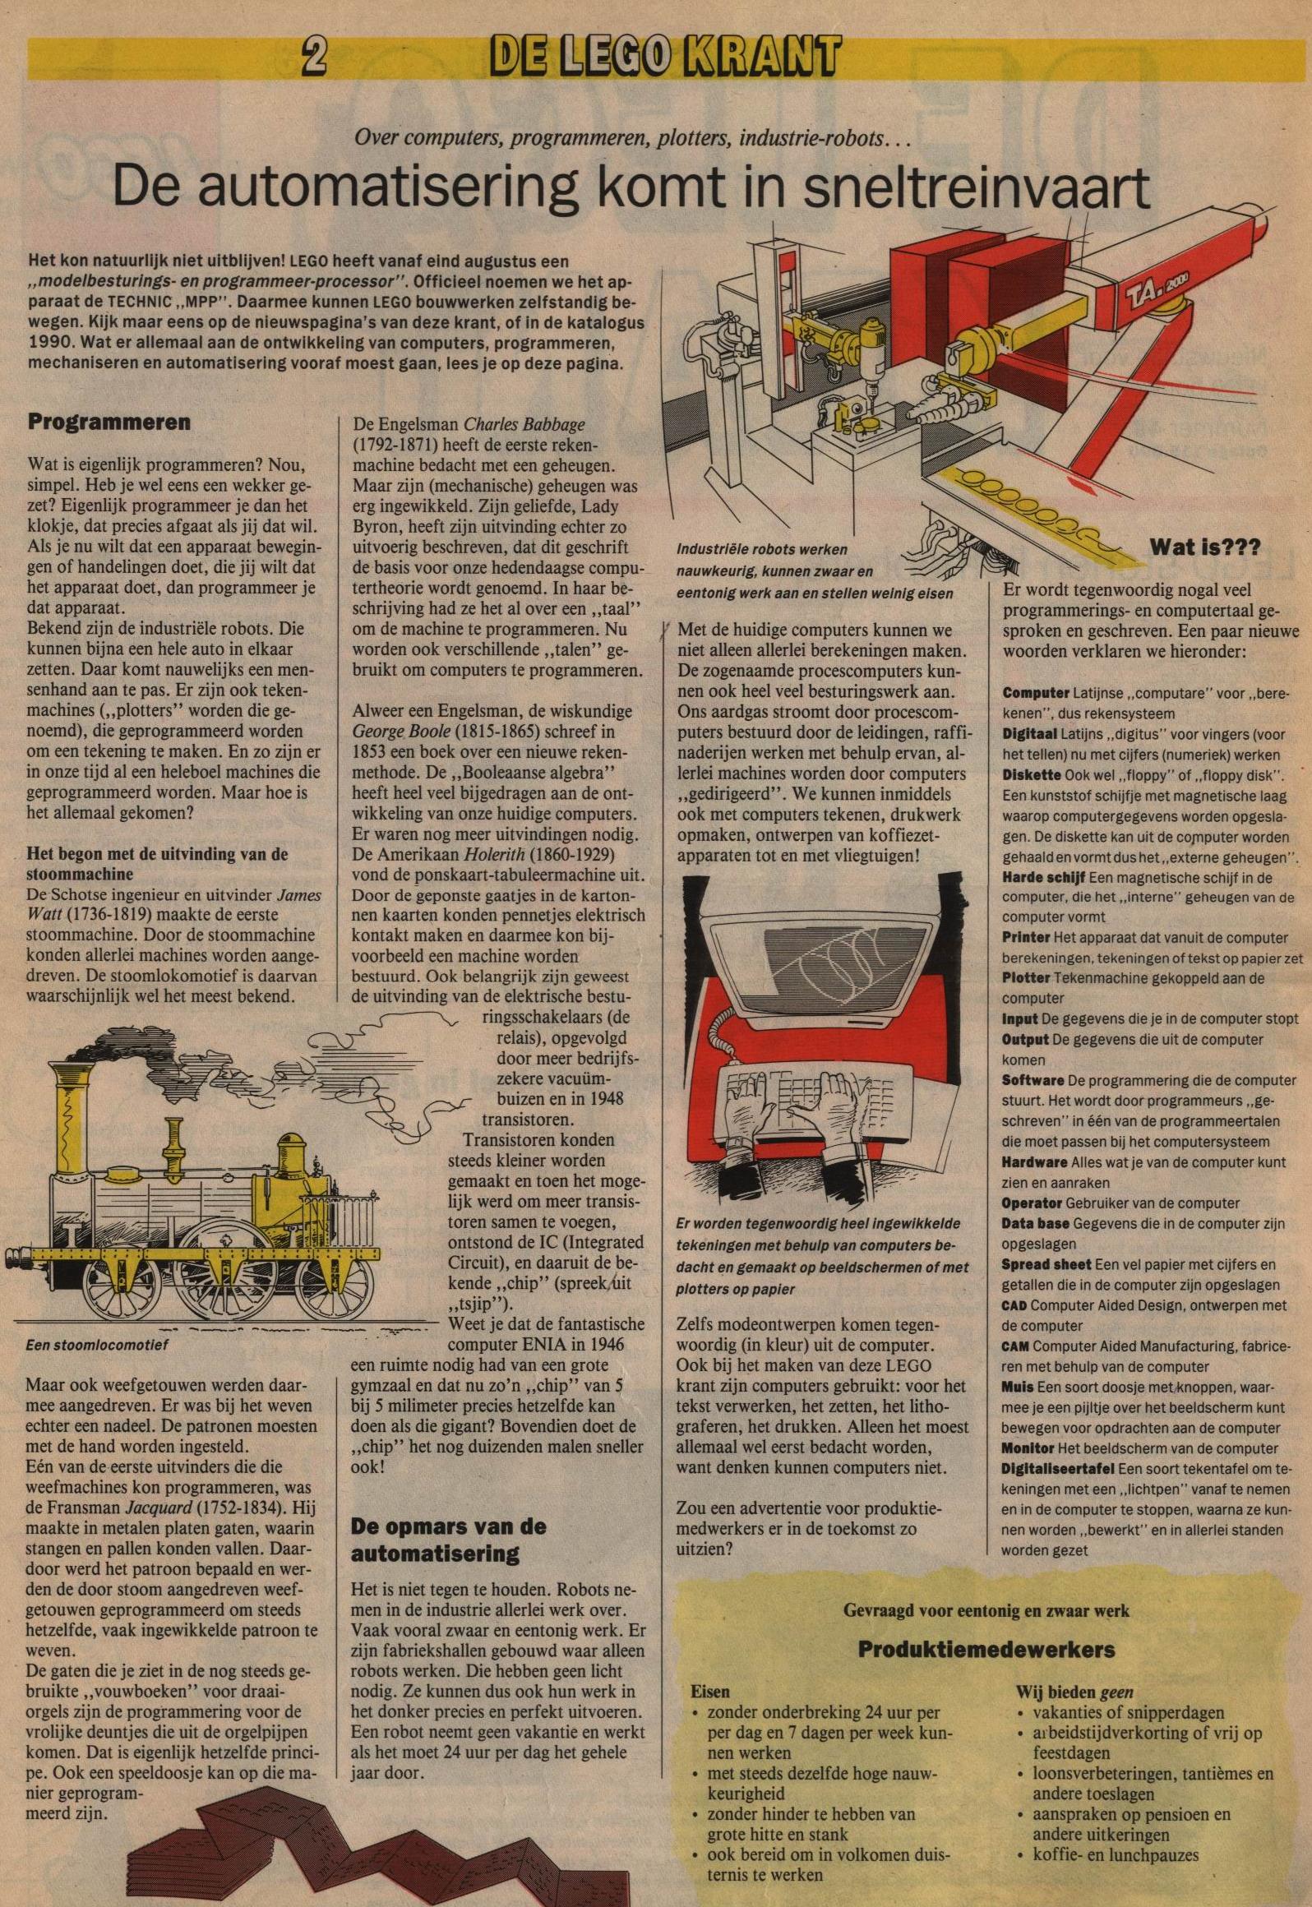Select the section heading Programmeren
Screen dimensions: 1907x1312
tap(109, 422)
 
